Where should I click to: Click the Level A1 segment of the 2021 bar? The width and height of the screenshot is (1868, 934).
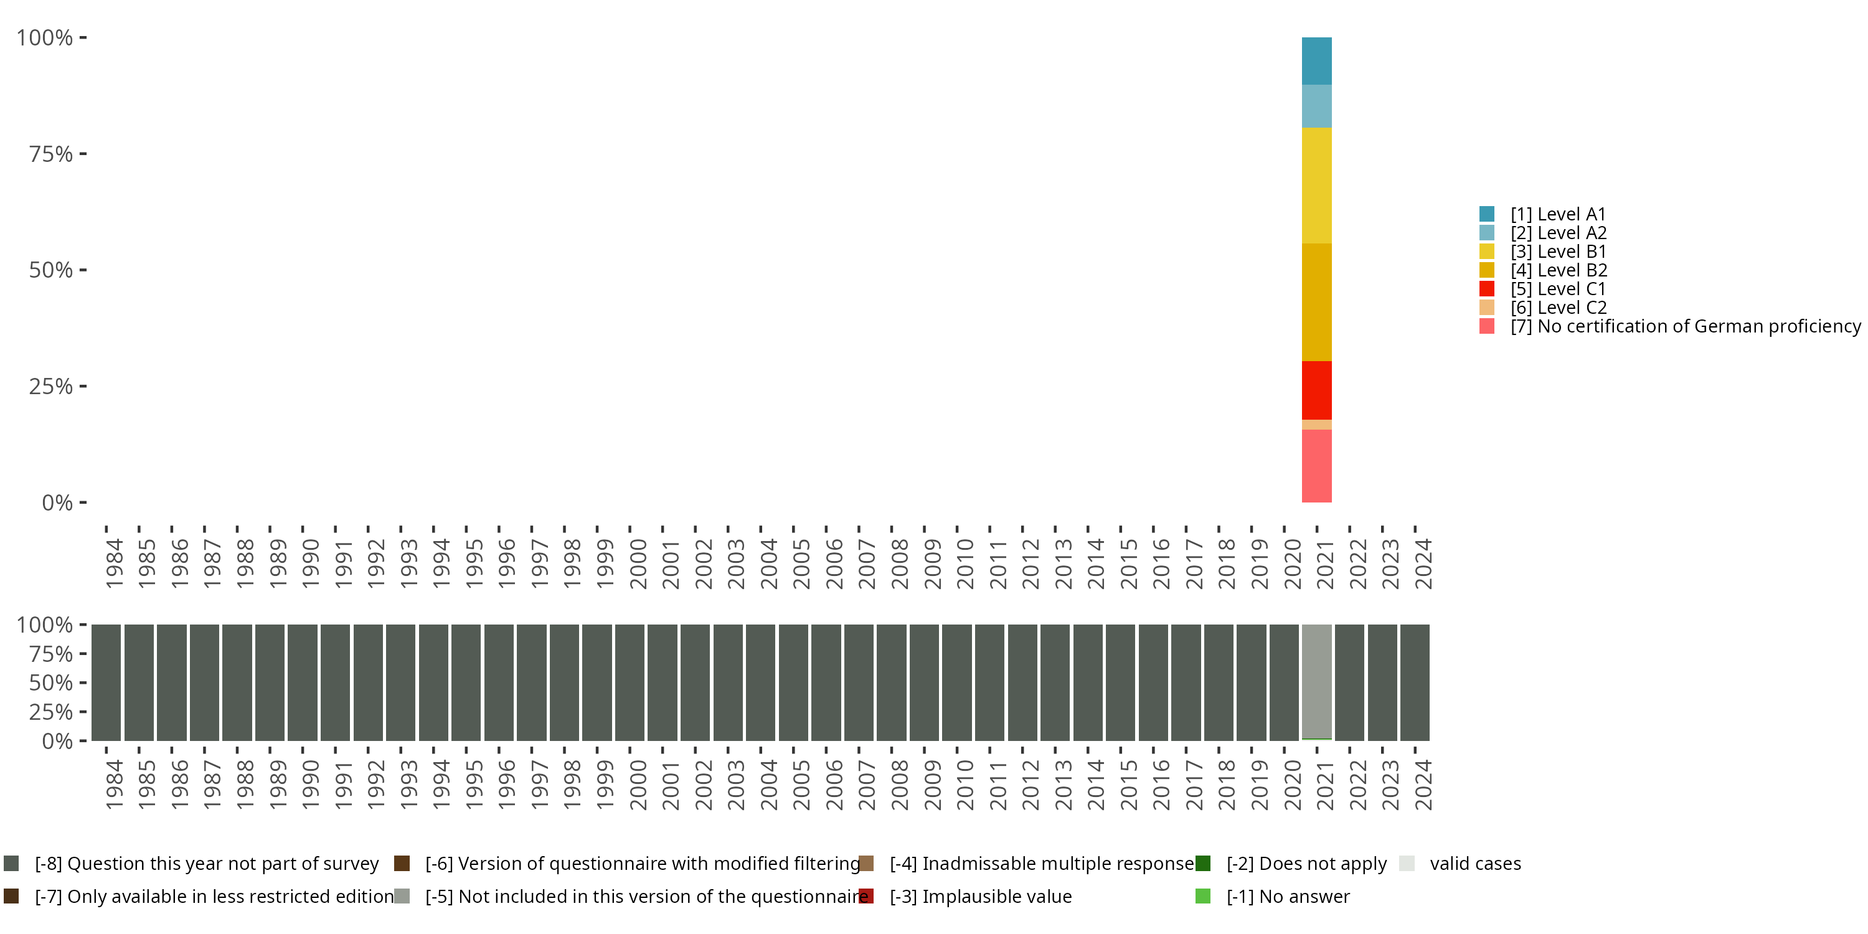coord(1316,61)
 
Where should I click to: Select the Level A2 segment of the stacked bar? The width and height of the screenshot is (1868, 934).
coord(1316,106)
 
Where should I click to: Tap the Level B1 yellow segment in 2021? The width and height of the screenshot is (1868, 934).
coord(1316,185)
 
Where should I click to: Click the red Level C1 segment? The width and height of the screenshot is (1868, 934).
coord(1316,390)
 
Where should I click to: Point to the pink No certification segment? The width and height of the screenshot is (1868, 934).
coord(1316,466)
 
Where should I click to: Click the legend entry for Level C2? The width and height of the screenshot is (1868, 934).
coord(1558,308)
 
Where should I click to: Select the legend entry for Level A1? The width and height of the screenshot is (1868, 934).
coord(1558,214)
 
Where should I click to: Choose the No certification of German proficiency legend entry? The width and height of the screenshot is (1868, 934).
coord(1668,326)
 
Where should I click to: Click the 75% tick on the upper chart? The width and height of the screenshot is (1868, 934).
coord(51,154)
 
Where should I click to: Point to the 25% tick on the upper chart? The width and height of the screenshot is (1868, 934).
coord(51,387)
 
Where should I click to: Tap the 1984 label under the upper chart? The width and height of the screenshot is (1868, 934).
coord(114,564)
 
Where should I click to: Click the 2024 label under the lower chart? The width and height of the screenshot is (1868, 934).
coord(1423,785)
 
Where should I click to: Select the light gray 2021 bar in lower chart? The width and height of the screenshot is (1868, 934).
coord(1316,682)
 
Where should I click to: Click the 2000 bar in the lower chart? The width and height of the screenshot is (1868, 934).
coord(630,682)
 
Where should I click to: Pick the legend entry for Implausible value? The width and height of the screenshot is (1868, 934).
coord(996,896)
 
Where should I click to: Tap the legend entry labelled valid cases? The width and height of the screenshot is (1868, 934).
coord(1474,864)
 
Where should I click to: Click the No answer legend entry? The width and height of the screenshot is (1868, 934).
coord(1287,896)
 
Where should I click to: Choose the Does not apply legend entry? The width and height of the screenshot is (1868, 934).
coord(1306,864)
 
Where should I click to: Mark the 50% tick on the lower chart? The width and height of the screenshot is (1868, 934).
coord(51,682)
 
